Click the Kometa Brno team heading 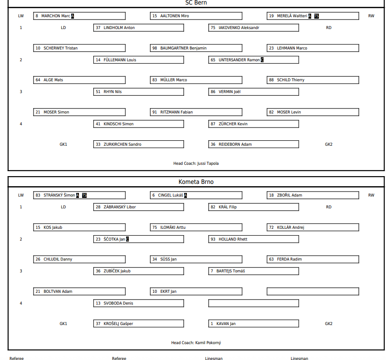(x=196, y=182)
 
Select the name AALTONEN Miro (x=174, y=16)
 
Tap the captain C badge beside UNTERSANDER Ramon (x=262, y=60)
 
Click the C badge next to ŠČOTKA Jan (x=127, y=239)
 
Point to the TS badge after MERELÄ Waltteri (x=317, y=16)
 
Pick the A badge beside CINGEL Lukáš (x=185, y=195)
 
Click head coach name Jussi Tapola (x=208, y=163)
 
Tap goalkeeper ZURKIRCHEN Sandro (x=122, y=144)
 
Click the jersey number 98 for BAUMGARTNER (x=155, y=48)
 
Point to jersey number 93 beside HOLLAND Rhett (x=213, y=239)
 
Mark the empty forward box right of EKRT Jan (x=313, y=291)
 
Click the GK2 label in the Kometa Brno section (x=328, y=324)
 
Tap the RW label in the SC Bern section (x=371, y=16)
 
